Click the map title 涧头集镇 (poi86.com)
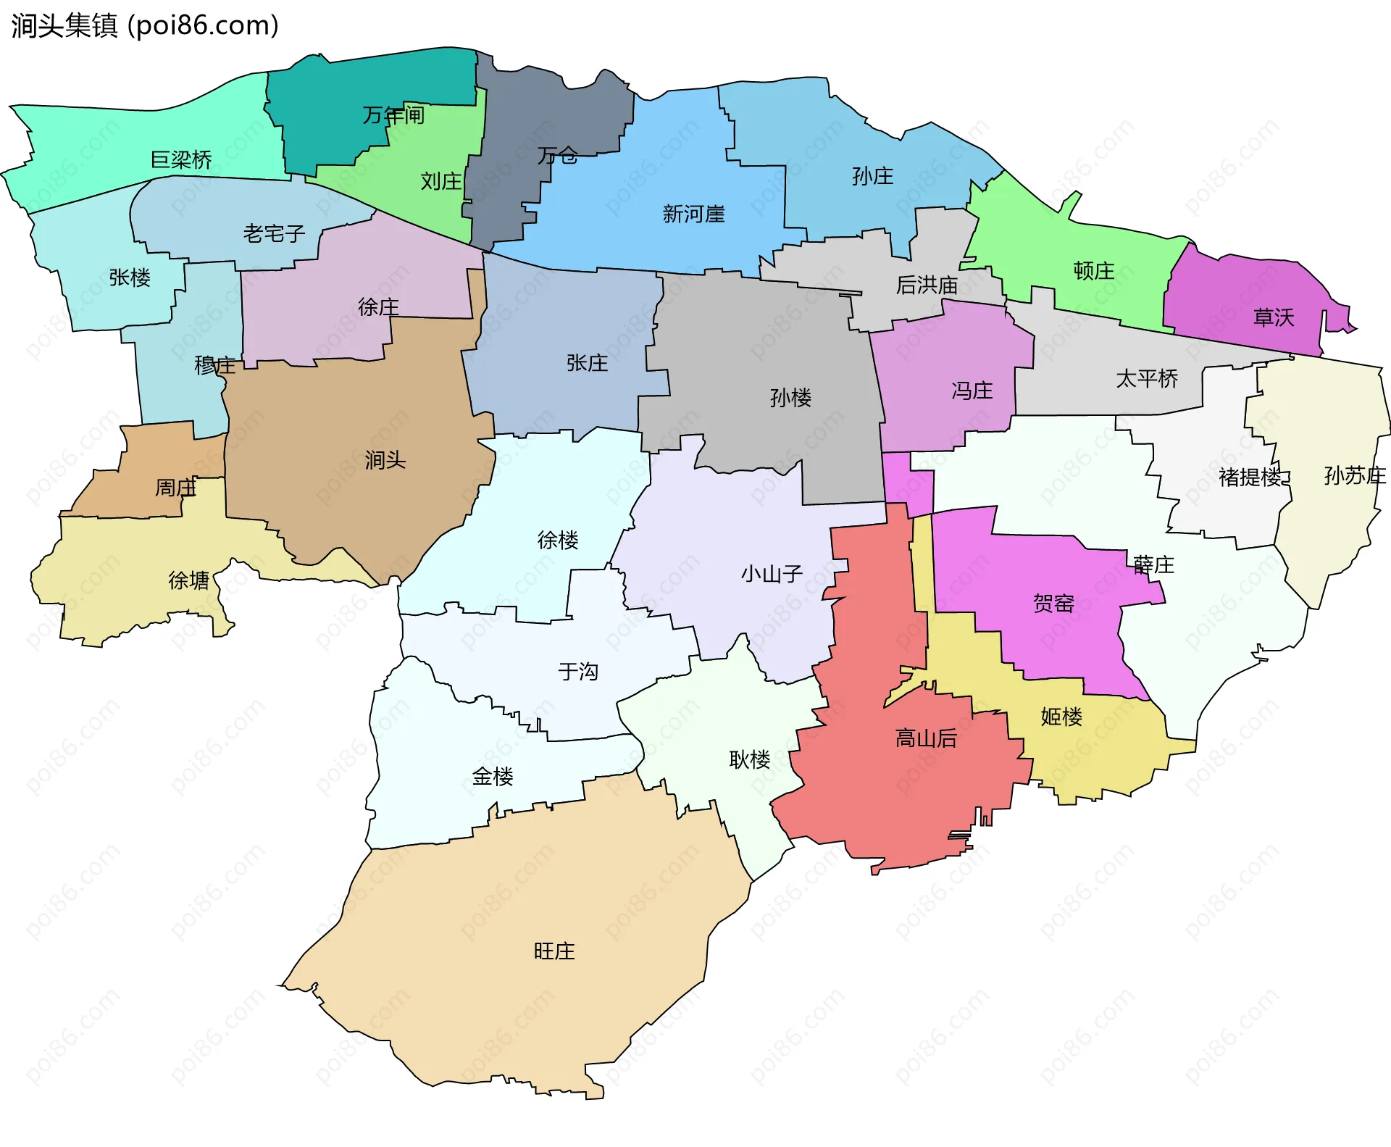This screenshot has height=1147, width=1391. (x=145, y=25)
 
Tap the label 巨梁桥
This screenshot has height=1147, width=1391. (x=181, y=159)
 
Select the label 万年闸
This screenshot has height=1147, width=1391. (x=393, y=114)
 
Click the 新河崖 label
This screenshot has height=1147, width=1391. (x=693, y=214)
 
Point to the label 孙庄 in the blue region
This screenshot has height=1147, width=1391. (x=872, y=176)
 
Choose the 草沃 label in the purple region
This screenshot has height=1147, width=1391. (x=1273, y=317)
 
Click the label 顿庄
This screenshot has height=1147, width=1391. (x=1093, y=271)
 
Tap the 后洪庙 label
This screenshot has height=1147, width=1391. (x=927, y=285)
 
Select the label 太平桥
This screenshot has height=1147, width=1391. (x=1147, y=378)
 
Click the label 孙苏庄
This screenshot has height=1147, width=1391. (x=1354, y=475)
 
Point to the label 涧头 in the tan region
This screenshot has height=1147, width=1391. (x=385, y=459)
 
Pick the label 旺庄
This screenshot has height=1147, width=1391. (x=554, y=951)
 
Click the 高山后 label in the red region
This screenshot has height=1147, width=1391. (x=926, y=738)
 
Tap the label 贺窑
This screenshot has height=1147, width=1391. (x=1053, y=603)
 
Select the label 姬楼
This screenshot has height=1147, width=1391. (x=1061, y=717)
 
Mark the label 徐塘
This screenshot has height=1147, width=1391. (x=188, y=580)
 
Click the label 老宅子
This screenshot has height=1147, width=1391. (x=274, y=233)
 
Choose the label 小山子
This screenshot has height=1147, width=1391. (x=771, y=574)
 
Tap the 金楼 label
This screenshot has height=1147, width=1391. (x=492, y=777)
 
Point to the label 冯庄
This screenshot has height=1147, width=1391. (x=972, y=391)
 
